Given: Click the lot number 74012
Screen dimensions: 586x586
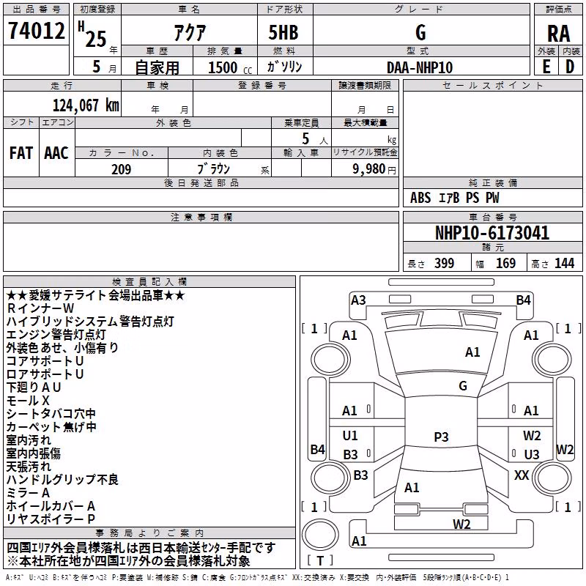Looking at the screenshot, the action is (36, 30).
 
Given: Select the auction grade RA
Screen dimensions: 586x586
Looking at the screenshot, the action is (558, 34).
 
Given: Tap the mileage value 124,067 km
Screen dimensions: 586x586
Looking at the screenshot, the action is (86, 105).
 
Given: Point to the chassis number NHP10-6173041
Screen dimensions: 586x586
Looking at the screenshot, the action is (492, 232).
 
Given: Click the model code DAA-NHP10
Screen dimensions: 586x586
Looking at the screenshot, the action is (420, 67).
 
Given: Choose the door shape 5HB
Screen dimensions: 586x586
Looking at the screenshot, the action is (283, 32).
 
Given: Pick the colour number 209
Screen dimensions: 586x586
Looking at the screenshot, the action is (121, 169).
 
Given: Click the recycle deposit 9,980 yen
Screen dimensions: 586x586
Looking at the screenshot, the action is (374, 169).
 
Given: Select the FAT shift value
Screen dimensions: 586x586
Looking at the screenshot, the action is (21, 153).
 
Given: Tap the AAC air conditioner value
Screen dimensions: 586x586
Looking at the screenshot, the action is (56, 153).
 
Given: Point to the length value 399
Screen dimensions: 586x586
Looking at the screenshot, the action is (444, 263).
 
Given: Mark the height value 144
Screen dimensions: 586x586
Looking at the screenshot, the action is (564, 263).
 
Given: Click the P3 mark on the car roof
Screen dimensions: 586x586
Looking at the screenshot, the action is (441, 437).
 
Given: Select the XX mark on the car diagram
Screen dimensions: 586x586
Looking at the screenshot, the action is (522, 475).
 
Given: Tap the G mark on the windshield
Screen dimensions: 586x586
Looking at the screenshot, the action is (463, 386).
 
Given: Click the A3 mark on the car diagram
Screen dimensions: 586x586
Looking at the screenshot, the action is (358, 300).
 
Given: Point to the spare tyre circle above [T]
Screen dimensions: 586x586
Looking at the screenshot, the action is (320, 535).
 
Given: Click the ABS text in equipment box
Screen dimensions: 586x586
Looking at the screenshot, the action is (420, 198).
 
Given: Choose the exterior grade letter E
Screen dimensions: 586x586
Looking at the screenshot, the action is (546, 67).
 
